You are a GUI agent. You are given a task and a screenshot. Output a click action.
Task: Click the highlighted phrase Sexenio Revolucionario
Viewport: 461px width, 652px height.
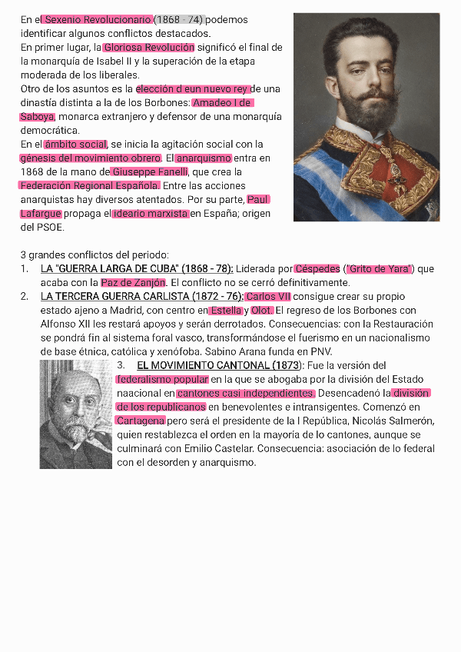point(98,19)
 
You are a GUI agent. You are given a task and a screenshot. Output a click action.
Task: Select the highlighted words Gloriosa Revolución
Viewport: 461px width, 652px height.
point(149,48)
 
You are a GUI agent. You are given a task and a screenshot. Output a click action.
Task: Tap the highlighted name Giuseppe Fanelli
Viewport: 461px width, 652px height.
point(150,171)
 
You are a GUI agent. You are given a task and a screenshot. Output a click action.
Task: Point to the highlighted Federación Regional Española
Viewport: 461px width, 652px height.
point(90,185)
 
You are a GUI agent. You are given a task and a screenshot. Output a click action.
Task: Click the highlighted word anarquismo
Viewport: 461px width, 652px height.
point(203,158)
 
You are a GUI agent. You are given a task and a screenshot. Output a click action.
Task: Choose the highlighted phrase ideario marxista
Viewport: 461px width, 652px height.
point(151,213)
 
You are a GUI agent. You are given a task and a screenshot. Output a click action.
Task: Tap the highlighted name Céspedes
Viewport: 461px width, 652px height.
point(317,269)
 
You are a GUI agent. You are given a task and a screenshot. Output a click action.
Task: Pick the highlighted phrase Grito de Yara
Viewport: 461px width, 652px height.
point(380,269)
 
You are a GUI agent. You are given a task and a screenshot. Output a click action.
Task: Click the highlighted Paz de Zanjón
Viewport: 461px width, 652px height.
point(133,283)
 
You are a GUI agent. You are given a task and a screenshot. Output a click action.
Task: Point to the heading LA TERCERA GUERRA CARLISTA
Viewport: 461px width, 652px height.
point(141,297)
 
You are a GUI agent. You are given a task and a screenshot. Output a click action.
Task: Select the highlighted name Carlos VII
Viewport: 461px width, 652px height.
point(268,297)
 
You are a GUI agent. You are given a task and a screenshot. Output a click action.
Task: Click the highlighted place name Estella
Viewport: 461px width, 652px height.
point(226,311)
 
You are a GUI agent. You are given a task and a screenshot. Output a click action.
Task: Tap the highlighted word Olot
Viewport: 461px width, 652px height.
point(262,311)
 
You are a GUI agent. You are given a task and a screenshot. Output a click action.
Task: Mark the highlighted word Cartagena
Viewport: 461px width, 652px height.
point(141,421)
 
